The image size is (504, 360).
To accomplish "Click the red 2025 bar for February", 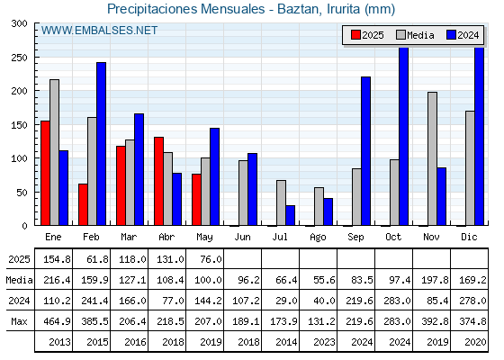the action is (x=83, y=204).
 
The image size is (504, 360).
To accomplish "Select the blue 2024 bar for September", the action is (x=365, y=151).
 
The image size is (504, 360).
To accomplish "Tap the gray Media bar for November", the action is (x=432, y=158).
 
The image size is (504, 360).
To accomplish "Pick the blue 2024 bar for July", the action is (x=290, y=215).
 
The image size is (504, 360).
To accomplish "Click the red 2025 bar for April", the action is (x=158, y=181).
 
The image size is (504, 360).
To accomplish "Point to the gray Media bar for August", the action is (x=319, y=206).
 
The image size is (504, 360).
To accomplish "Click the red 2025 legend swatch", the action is (x=355, y=35).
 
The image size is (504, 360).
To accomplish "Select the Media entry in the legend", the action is (x=415, y=35).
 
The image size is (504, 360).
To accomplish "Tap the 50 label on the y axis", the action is (x=22, y=193).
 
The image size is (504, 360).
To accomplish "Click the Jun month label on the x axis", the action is (x=242, y=238).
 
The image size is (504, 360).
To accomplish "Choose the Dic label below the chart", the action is (x=469, y=238).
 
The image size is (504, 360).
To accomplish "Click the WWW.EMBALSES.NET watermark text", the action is (x=99, y=31).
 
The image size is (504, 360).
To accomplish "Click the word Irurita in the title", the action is (x=343, y=9).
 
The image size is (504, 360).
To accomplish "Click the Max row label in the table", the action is (x=19, y=321).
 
